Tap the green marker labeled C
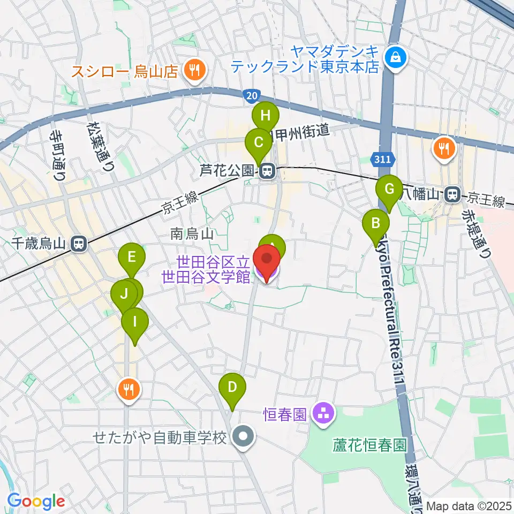pyautogui.click(x=258, y=142)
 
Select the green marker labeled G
pyautogui.click(x=389, y=188)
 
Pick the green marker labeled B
pyautogui.click(x=376, y=222)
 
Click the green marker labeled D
pyautogui.click(x=232, y=386)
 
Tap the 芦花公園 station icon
pyautogui.click(x=266, y=171)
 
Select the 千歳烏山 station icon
pyautogui.click(x=78, y=244)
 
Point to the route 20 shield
pyautogui.click(x=249, y=95)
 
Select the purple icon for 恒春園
pyautogui.click(x=323, y=413)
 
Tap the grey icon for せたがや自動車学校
pyautogui.click(x=244, y=437)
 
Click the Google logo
pyautogui.click(x=35, y=502)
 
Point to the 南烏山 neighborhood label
pyautogui.click(x=192, y=234)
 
